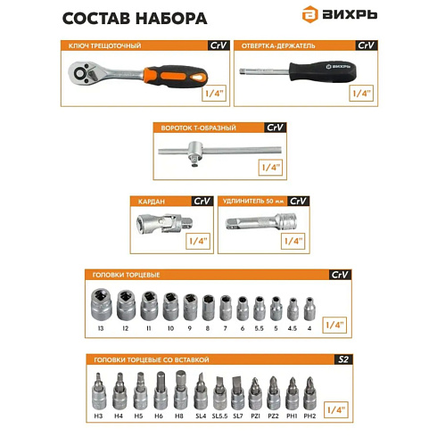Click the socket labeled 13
point(101,308)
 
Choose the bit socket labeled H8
point(180,392)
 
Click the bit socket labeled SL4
point(201,392)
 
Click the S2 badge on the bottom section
point(340,359)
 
